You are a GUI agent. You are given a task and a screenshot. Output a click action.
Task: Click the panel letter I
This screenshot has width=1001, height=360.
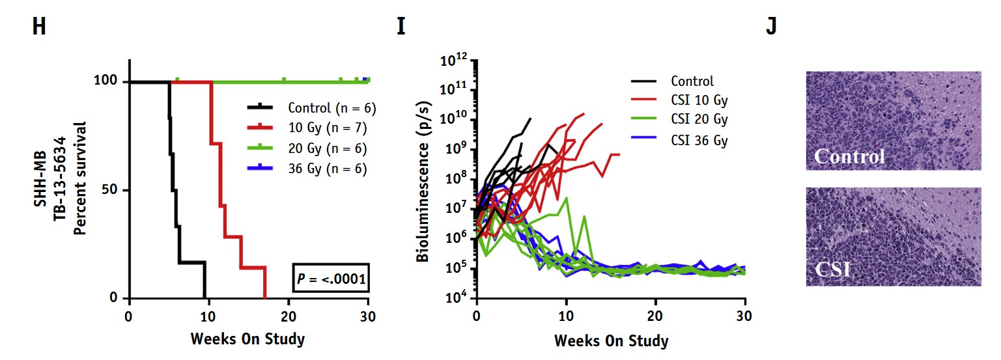click(x=401, y=27)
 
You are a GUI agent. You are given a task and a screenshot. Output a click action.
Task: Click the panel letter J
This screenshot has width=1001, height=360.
click(x=771, y=27)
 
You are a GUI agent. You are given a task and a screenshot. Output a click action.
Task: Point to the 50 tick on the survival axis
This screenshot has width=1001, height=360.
click(x=111, y=190)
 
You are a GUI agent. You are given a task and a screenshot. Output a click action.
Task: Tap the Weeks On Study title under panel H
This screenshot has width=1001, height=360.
click(x=247, y=339)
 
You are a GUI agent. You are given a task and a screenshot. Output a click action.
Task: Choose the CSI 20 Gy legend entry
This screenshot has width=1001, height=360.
click(x=699, y=120)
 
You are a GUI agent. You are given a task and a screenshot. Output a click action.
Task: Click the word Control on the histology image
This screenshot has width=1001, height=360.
click(x=849, y=156)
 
